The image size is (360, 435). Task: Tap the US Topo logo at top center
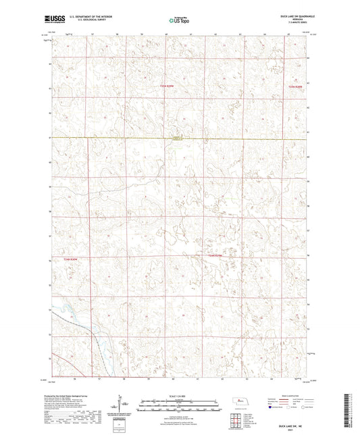click(x=179, y=21)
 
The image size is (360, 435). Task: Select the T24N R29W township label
click(x=215, y=256)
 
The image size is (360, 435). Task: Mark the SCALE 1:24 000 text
click(x=180, y=396)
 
